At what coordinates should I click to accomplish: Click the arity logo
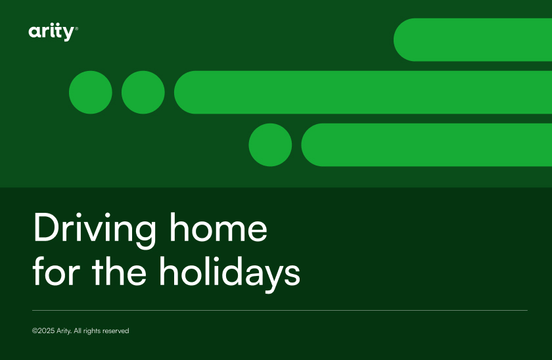[53, 32]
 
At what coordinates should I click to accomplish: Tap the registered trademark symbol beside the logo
[77, 28]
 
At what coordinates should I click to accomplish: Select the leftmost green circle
[91, 92]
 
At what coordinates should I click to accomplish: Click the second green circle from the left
[143, 92]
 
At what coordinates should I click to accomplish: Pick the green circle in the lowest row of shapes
[270, 145]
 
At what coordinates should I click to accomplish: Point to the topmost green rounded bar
[472, 40]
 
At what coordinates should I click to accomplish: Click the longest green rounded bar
[363, 92]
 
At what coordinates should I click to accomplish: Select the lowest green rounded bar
[426, 145]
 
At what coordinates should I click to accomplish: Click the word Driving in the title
[95, 230]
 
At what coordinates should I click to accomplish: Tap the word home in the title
[219, 227]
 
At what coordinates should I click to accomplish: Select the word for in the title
[57, 270]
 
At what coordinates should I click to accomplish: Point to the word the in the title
[119, 270]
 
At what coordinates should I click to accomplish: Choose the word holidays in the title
[229, 274]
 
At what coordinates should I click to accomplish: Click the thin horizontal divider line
[280, 310]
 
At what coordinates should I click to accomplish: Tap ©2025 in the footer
[43, 331]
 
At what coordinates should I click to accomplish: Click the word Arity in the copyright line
[64, 331]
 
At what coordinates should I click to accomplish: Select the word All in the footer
[78, 331]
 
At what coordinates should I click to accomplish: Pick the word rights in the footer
[92, 331]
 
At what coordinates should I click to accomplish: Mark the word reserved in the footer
[116, 331]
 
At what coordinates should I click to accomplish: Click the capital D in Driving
[46, 227]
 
